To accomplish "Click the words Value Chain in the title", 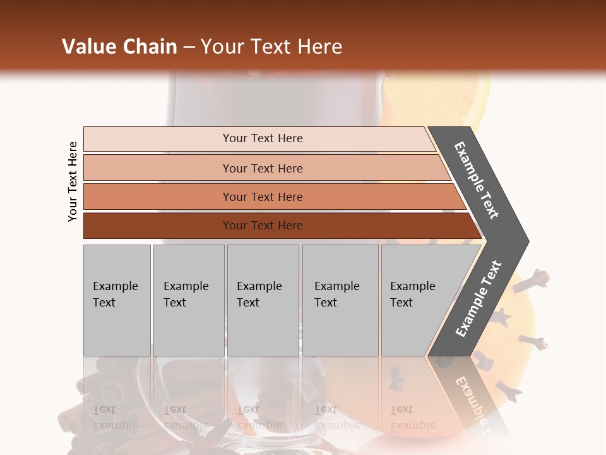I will pos(119,47).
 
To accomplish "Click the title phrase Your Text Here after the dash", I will pos(271,47).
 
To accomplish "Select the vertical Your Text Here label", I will pos(73,181).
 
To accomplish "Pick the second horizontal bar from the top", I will pos(262,168).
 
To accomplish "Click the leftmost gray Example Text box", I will pos(117,300).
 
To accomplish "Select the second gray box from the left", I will pos(188,300).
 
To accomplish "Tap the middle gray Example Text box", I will pos(263,300).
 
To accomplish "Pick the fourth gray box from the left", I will pos(340,300).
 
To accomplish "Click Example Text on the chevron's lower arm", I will pos(478,299).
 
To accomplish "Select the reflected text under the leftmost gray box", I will pos(116,418).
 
